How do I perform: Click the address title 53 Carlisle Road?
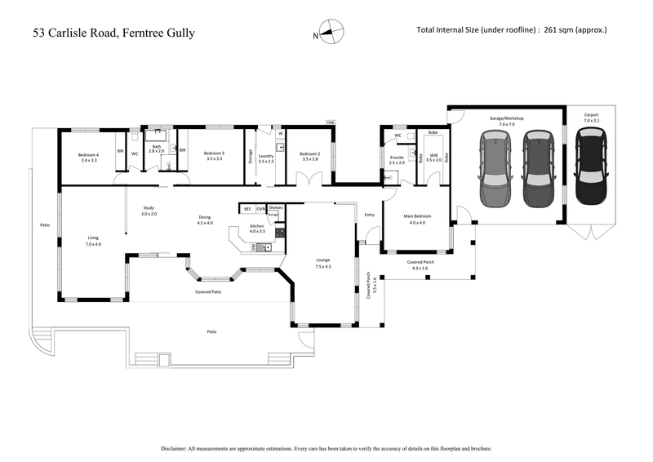113,33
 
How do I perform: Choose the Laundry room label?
265,158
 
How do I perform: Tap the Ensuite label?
398,158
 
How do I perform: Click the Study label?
148,209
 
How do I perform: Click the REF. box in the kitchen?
247,208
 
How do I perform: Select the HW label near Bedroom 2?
329,124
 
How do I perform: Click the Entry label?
369,215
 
